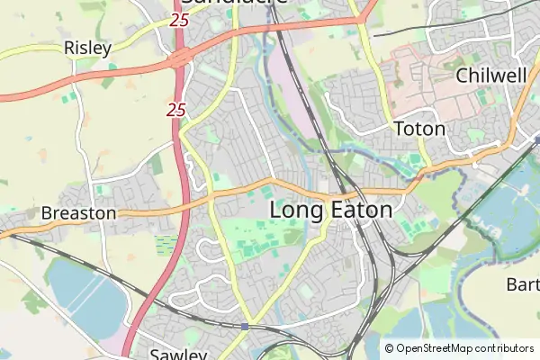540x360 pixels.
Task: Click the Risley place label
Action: (87, 47)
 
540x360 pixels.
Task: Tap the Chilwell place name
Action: (490, 75)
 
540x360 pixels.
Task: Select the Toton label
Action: (419, 129)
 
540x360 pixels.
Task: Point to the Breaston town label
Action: (78, 213)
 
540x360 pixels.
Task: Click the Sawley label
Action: (179, 354)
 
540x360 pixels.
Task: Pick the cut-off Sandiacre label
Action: (233, 4)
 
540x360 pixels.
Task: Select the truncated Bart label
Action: (522, 284)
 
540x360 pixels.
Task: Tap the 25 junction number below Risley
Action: (175, 110)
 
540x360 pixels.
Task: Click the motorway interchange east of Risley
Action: (180, 59)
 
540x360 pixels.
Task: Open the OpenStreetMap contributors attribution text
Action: (465, 348)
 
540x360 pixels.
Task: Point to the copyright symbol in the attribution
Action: (389, 348)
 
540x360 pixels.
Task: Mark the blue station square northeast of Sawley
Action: (245, 326)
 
